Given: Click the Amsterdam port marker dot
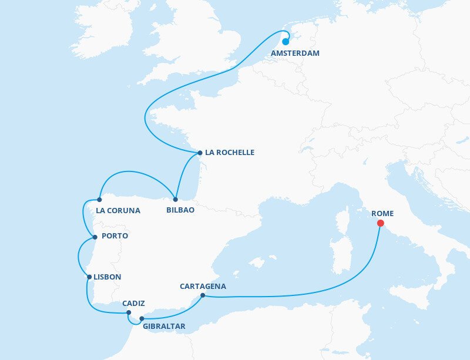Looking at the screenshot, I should [x=286, y=42].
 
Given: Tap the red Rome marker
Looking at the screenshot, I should [x=380, y=223].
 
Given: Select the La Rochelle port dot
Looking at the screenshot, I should [x=200, y=153].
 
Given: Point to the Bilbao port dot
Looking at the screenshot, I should [x=176, y=199].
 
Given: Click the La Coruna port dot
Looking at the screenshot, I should [x=99, y=200].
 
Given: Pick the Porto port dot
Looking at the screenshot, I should [x=95, y=237].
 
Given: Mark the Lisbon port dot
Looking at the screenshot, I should [x=88, y=277].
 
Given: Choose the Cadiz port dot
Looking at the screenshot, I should [x=129, y=312].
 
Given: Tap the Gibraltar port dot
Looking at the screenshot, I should [x=142, y=319].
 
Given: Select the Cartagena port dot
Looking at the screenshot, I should [x=202, y=295].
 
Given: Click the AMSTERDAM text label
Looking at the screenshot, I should [x=296, y=53].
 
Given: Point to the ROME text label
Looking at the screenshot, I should [x=382, y=214].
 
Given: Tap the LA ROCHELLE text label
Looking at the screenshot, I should [x=230, y=153].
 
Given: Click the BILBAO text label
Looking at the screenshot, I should [x=180, y=210].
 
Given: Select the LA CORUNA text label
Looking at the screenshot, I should [x=118, y=210].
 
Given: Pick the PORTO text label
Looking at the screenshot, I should [x=115, y=236].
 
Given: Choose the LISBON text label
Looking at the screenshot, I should [x=108, y=277].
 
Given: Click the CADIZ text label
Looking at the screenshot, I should [x=134, y=304].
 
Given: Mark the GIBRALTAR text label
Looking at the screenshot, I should [x=164, y=327].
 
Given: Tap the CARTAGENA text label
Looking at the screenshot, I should [x=203, y=287].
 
